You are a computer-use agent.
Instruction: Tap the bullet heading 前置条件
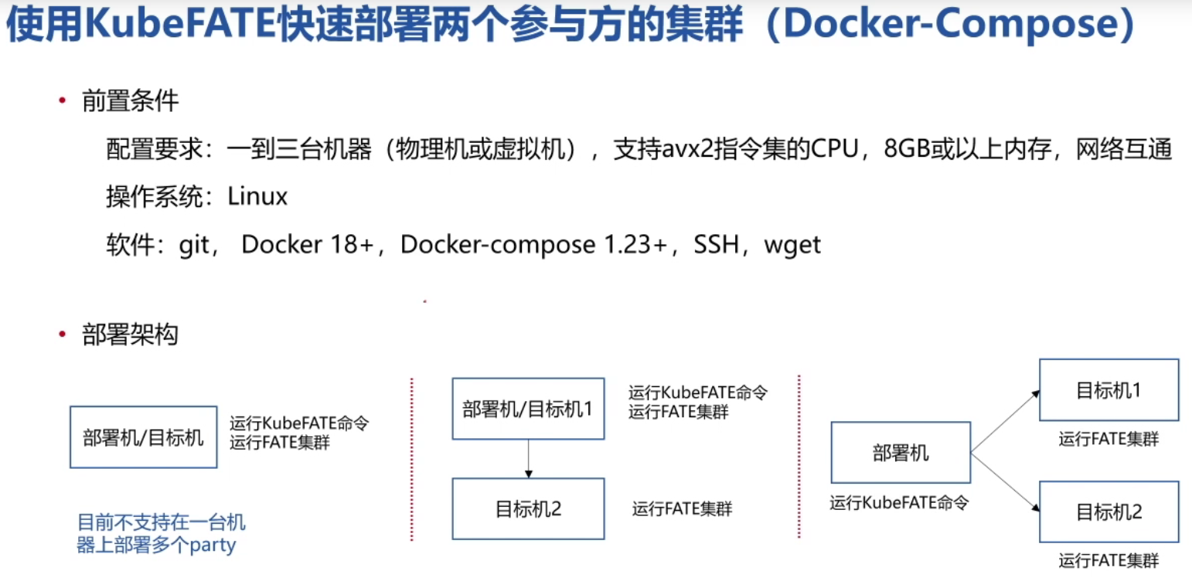pos(130,101)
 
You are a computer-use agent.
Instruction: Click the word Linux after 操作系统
pos(257,196)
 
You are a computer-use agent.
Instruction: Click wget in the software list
pos(792,245)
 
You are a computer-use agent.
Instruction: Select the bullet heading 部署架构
pos(130,335)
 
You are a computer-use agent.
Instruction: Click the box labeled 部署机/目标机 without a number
pos(143,437)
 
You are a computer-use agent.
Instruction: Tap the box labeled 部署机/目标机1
pos(528,409)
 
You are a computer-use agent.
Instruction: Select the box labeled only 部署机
pos(900,453)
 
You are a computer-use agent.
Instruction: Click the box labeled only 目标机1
pos(1109,390)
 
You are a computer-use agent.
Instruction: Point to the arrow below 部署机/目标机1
pos(528,459)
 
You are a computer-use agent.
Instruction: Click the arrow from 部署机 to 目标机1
pos(1005,421)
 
